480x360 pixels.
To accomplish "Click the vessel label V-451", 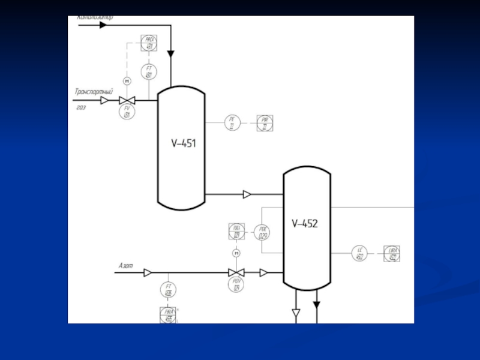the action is [184, 143].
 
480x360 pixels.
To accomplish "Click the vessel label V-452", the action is [305, 224].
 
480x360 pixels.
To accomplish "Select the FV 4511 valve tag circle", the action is [127, 112].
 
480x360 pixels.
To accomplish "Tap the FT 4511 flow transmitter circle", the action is [148, 73].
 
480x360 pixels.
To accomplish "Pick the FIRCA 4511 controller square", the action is [148, 43].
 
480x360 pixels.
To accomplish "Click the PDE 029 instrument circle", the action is [262, 233].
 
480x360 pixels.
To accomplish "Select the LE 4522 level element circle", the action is [360, 253].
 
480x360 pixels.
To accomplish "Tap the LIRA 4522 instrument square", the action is [392, 253].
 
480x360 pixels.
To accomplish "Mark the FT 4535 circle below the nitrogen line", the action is [169, 290].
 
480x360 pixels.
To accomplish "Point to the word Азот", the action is [126, 265].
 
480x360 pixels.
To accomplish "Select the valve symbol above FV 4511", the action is [127, 100].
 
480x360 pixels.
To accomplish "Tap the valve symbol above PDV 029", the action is [236, 273].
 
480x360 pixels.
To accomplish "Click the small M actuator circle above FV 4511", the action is [127, 80].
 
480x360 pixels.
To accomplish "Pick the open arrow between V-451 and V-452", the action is [247, 194].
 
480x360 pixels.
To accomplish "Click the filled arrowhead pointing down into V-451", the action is [171, 54].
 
